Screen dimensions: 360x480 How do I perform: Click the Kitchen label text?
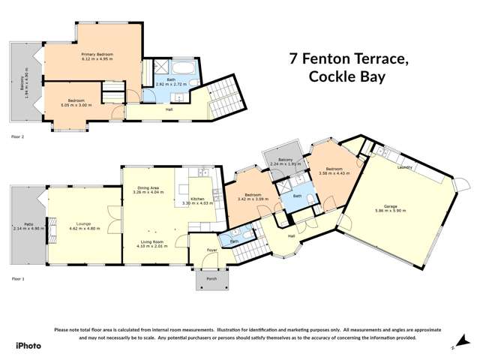coord(197,198)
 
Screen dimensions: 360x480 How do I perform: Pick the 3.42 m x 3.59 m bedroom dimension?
coord(252,199)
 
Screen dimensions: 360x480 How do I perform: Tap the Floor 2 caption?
coord(17,137)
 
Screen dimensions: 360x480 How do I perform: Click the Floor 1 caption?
coord(17,277)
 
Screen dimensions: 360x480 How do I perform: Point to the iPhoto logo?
coord(28,346)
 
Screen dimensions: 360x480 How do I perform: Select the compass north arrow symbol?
coord(453,346)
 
